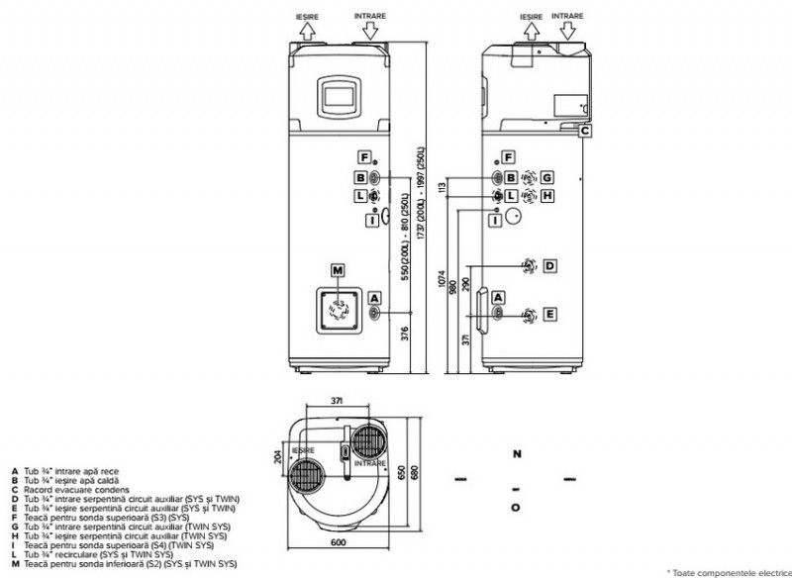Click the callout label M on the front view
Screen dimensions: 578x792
(338, 269)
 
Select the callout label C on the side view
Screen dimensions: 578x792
(585, 130)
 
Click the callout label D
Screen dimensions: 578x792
(548, 264)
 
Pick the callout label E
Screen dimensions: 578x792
(548, 314)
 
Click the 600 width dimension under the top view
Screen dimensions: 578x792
(338, 541)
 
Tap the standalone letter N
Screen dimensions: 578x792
(516, 454)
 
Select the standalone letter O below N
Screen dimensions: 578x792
(516, 508)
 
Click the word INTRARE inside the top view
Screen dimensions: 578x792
(368, 461)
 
